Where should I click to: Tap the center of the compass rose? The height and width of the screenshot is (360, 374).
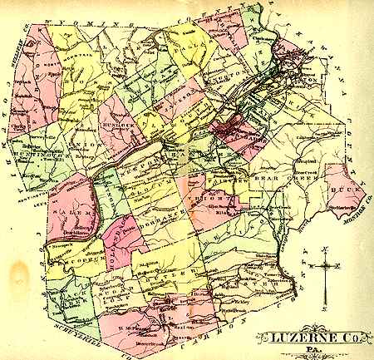pos(327,268)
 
